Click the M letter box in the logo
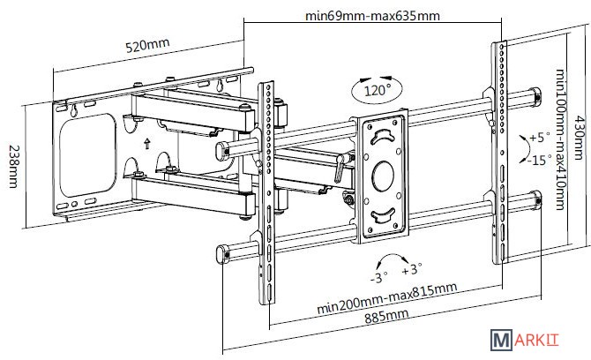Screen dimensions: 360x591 501,339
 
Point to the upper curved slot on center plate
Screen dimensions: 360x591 383,136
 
